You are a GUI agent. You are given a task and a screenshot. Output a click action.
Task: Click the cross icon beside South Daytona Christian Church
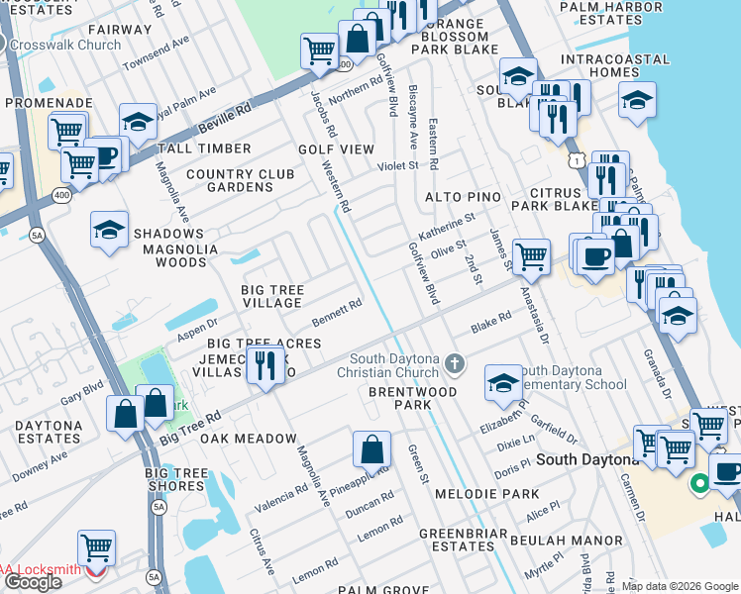455,364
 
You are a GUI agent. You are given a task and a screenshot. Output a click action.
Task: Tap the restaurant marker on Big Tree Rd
265,367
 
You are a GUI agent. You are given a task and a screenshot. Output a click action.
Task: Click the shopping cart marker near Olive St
532,256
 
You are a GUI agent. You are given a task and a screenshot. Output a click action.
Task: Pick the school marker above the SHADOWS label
109,231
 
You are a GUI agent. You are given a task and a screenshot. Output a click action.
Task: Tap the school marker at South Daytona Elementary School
503,382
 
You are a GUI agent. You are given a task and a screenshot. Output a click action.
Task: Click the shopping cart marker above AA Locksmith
96,546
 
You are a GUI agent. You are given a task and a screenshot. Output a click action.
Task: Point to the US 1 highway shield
576,159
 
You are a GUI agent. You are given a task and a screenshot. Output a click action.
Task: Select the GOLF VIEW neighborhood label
337,149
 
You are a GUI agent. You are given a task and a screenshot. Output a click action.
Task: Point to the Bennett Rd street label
337,311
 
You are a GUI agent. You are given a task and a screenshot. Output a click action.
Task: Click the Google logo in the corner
33,582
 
